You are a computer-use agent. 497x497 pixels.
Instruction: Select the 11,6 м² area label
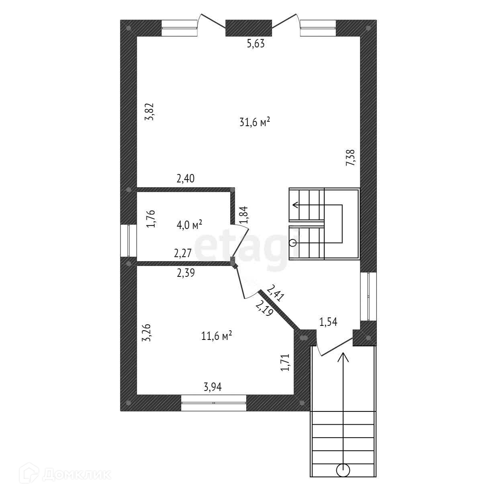(x=217, y=336)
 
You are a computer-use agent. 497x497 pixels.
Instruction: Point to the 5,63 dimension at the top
(x=256, y=44)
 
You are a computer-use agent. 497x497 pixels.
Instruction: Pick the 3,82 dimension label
(x=149, y=112)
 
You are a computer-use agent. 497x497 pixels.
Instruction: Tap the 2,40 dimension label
(x=186, y=178)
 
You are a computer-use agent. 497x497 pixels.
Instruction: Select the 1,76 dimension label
(x=151, y=219)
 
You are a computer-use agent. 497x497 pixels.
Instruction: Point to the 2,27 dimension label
(x=182, y=253)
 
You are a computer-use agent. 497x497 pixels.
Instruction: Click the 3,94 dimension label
(x=213, y=387)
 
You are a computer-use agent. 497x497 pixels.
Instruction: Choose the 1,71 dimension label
(x=285, y=362)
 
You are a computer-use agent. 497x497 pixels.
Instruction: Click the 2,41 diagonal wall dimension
(x=276, y=293)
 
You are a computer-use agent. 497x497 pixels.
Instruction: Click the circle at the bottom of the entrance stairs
(x=343, y=470)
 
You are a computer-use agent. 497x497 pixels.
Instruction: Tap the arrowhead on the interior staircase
(x=295, y=205)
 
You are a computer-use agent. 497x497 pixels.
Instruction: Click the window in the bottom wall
(x=213, y=403)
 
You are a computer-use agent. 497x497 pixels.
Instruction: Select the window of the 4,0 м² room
(x=129, y=240)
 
